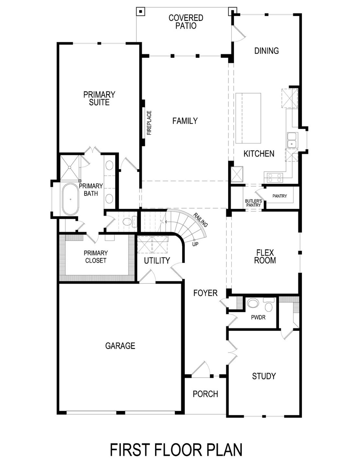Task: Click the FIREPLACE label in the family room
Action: (x=149, y=123)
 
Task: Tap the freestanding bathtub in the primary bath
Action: (x=71, y=199)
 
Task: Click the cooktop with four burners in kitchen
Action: (x=274, y=178)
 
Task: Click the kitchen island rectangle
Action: (x=248, y=118)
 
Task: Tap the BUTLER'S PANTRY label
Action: (x=253, y=203)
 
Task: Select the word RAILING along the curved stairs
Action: (x=201, y=220)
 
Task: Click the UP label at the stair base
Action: (x=195, y=244)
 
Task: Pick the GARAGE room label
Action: (x=120, y=346)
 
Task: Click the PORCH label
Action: (x=205, y=394)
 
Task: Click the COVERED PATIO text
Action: (x=186, y=22)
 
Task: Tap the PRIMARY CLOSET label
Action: (x=96, y=257)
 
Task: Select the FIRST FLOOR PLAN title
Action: (x=176, y=449)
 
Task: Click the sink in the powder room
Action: (x=253, y=303)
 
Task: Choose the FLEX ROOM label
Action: (x=265, y=256)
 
